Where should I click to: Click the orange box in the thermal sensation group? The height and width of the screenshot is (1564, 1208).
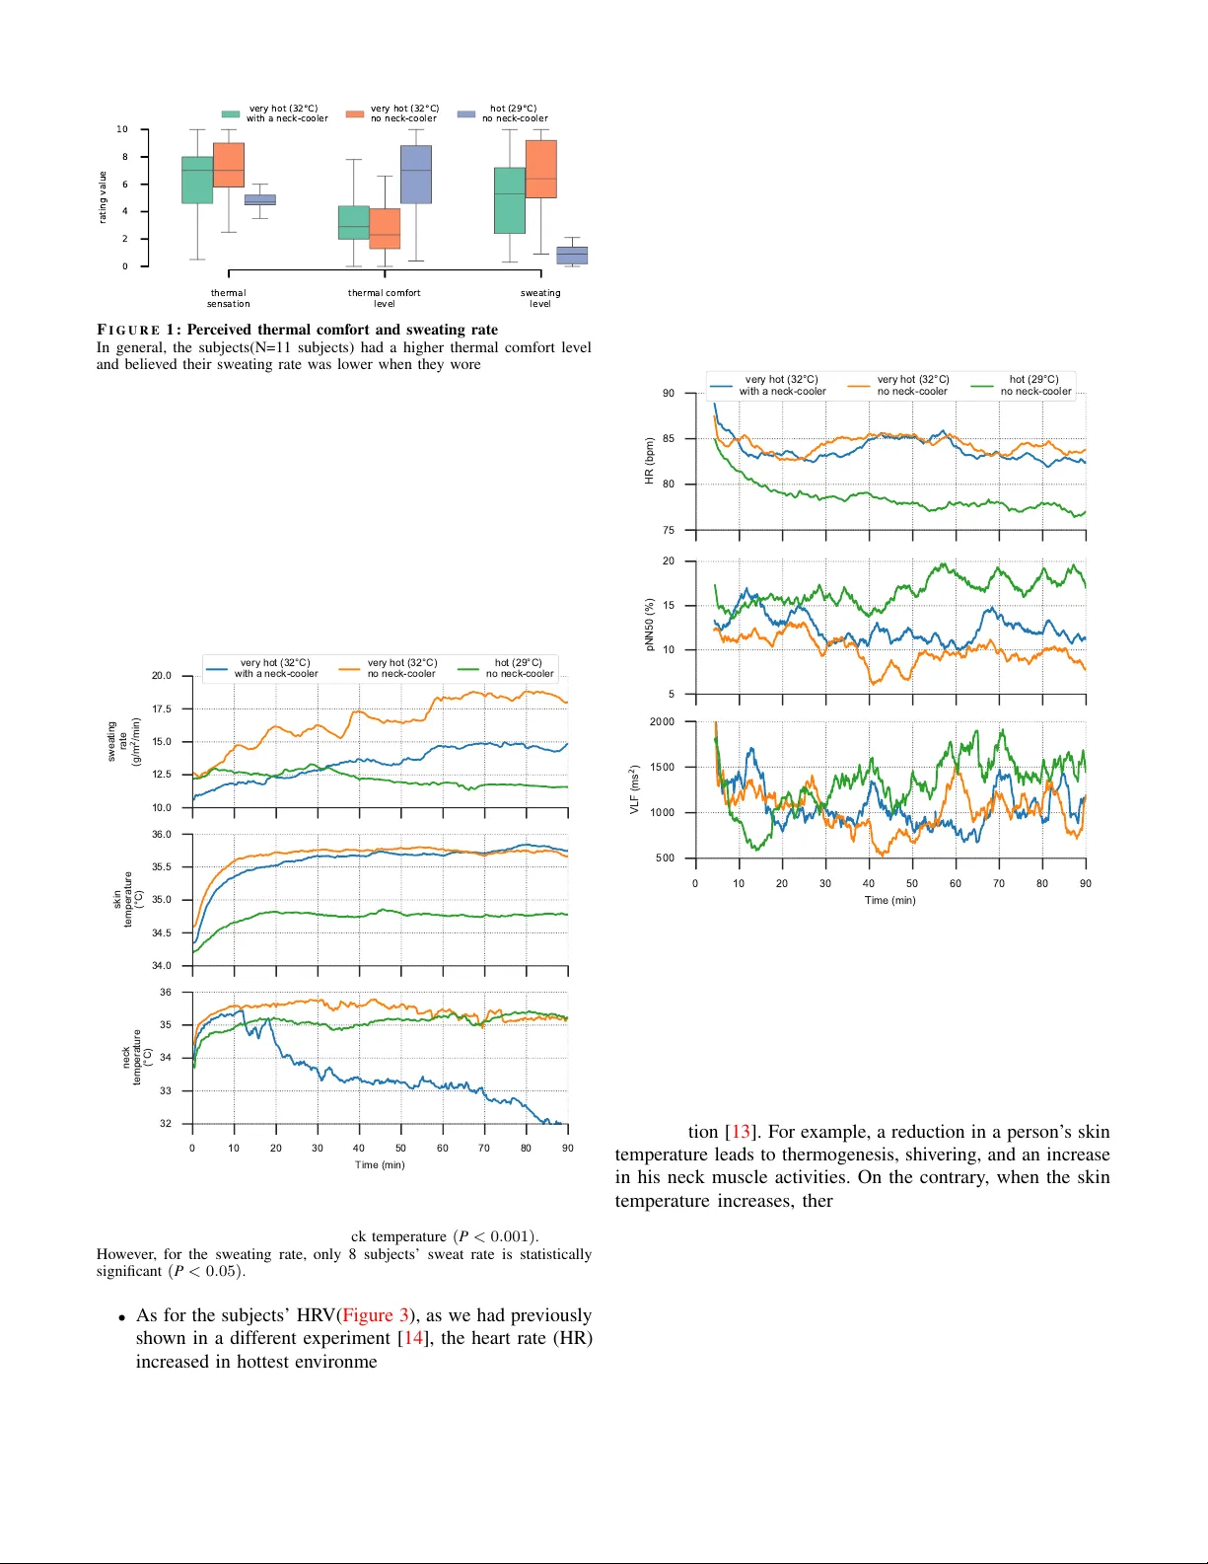point(228,165)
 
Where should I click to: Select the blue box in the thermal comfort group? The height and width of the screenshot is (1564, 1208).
point(416,175)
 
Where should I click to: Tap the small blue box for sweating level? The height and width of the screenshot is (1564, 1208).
point(572,255)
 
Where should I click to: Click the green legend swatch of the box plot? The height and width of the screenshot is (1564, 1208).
point(231,114)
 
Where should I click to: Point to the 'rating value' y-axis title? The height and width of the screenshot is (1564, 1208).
point(103,197)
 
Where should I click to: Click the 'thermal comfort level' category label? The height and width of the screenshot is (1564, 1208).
point(384,298)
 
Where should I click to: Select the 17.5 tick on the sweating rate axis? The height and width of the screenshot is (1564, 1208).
point(161,708)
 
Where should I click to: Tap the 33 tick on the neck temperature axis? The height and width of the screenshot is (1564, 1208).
point(165,1090)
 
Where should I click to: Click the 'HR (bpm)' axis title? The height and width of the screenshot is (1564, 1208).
point(649,461)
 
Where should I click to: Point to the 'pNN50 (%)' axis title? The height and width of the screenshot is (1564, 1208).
point(649,625)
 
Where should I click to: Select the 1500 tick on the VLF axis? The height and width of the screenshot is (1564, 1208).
point(662,767)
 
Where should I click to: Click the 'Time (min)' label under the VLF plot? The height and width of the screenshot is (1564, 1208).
point(889,900)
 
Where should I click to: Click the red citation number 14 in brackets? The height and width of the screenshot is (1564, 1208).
point(414,1338)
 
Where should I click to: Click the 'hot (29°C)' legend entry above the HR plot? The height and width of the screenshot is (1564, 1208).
point(1033,385)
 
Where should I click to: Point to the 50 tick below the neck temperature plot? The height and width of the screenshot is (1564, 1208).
point(400,1148)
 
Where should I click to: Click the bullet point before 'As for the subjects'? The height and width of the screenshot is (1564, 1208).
point(121,1317)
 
